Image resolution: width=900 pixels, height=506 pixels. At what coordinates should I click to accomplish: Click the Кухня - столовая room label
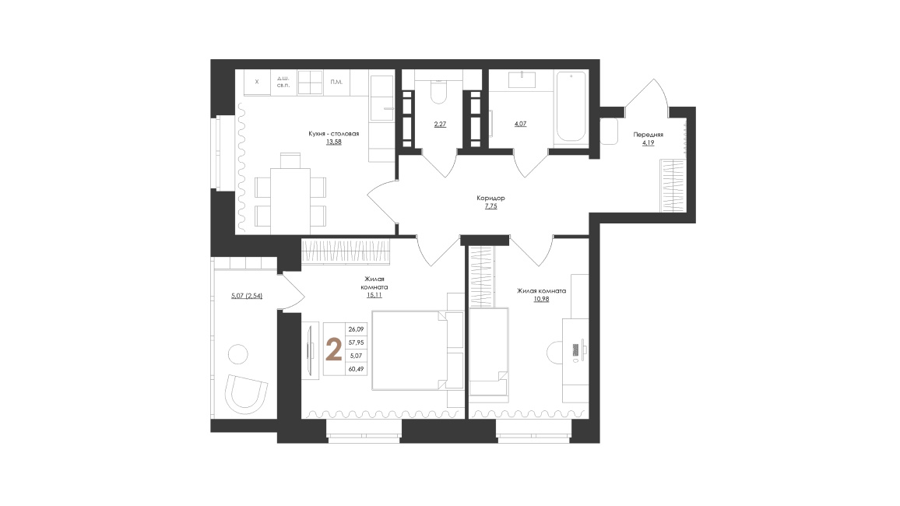click(x=333, y=134)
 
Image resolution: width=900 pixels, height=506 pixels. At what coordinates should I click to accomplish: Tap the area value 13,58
click(x=333, y=142)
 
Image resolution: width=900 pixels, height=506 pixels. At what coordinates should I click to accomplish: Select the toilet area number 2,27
click(x=440, y=124)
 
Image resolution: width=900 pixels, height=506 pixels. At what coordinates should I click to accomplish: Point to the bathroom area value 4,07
click(x=520, y=124)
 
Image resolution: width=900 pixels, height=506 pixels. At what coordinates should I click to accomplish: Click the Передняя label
click(x=648, y=135)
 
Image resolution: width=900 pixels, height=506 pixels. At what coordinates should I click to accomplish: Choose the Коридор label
click(x=490, y=198)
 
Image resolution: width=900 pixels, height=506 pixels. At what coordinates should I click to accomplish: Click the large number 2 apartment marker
click(x=333, y=350)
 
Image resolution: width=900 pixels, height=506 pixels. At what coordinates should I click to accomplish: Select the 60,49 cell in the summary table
click(x=356, y=370)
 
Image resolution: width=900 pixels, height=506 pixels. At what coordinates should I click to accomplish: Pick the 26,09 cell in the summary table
click(x=356, y=329)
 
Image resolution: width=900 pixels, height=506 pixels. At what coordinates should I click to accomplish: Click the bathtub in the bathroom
click(x=571, y=106)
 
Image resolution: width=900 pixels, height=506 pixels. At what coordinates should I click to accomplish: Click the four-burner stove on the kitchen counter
click(x=310, y=82)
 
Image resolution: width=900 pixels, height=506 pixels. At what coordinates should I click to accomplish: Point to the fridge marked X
click(x=257, y=82)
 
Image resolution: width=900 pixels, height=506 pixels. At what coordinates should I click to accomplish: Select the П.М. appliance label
click(x=336, y=82)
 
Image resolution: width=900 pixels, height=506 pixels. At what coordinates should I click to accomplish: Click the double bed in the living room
click(x=410, y=350)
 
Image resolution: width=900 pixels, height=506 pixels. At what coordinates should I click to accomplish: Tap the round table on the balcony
click(x=237, y=354)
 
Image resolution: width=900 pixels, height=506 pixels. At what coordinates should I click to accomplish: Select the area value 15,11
click(x=374, y=295)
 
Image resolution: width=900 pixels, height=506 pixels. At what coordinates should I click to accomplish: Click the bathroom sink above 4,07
click(x=522, y=79)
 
